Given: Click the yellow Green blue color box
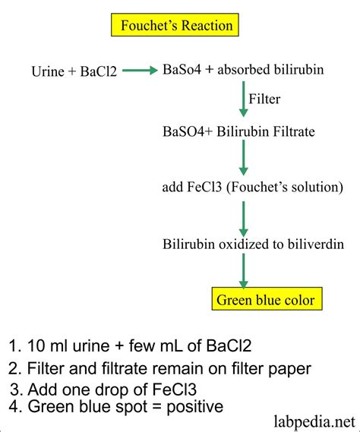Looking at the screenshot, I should click(265, 300).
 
